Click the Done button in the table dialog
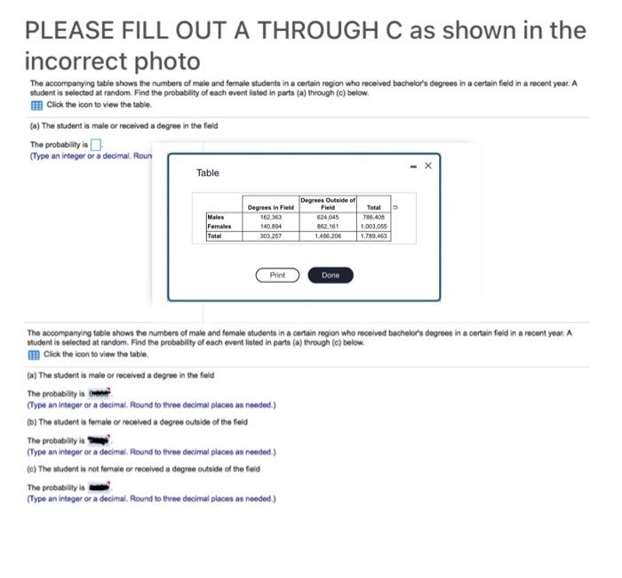click(x=330, y=275)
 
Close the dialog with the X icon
click(x=427, y=165)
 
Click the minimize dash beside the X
click(x=411, y=165)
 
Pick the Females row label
click(x=219, y=226)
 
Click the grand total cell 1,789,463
click(x=373, y=236)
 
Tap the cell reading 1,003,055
click(x=373, y=226)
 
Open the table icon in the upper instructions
click(x=36, y=106)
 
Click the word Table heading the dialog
click(x=207, y=173)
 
